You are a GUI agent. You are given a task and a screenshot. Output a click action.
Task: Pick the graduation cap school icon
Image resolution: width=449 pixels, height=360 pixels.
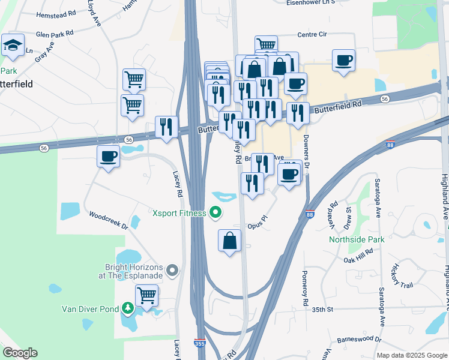click(x=12, y=45)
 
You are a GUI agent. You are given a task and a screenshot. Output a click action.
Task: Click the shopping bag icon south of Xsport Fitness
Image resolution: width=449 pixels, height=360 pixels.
click(x=229, y=241)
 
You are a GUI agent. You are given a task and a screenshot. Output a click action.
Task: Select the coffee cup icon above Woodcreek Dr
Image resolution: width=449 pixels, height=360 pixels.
click(x=108, y=157)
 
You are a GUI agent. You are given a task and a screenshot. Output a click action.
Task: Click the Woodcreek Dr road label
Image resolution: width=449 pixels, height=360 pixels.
click(x=109, y=220)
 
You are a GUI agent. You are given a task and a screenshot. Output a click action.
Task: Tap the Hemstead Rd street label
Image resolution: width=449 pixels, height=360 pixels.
click(x=56, y=13)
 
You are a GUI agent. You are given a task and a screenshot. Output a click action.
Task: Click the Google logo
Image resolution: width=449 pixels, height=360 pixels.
click(x=20, y=353)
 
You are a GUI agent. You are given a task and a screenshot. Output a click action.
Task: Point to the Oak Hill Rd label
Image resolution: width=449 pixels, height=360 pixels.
click(x=359, y=259)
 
